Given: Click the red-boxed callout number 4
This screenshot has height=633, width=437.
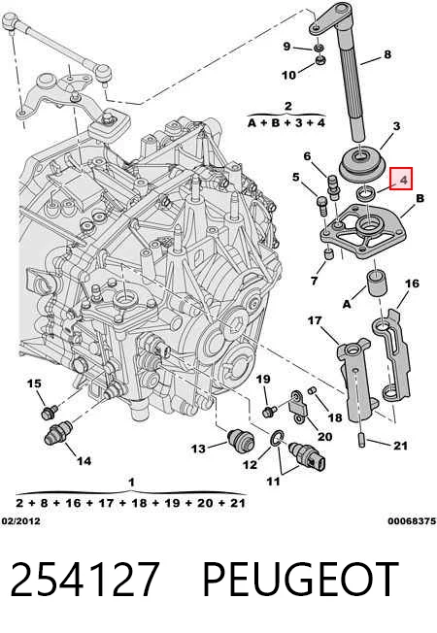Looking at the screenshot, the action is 404,180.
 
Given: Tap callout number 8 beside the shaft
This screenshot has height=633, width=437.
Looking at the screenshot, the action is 387,54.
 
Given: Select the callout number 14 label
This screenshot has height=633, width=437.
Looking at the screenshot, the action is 84,460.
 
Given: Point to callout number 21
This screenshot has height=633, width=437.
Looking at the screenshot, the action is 400,446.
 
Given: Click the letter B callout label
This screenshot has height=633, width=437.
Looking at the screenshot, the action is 420,198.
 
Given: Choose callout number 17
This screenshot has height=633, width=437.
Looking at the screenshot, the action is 315,320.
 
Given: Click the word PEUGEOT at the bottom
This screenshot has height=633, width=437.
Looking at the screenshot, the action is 300,579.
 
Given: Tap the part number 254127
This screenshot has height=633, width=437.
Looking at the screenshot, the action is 84,579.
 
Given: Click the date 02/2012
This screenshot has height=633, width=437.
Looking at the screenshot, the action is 21,521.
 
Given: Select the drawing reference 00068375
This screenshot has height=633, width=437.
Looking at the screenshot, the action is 413,521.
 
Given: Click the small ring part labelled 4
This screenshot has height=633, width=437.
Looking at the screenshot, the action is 366,193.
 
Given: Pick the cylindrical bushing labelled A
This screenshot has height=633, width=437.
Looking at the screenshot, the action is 377,283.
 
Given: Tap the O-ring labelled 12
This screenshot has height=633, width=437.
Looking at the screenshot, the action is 277,439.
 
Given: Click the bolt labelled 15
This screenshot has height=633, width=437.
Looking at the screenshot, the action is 50,412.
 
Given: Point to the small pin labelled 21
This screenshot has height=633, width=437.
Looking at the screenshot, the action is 361,440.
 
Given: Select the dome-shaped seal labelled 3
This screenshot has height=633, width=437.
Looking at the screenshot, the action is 361,165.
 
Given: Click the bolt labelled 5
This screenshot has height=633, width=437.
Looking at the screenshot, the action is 322,205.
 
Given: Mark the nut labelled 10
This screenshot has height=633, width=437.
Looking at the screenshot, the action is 320,61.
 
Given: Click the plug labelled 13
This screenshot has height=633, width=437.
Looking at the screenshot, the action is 241,440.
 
